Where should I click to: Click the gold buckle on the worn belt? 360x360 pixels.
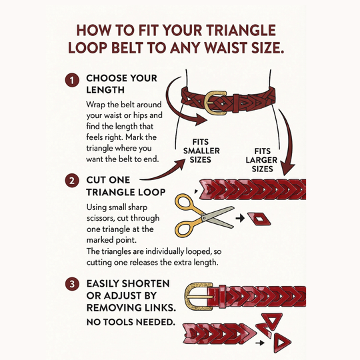pos(215,101)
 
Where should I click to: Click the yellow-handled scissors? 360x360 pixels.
pos(200,215)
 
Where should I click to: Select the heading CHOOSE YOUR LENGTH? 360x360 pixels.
pos(119,84)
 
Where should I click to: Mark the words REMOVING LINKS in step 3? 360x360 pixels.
pos(131,307)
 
